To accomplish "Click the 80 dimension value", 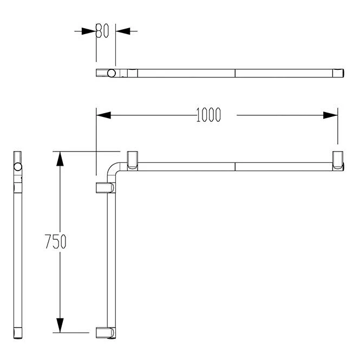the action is point(102,31).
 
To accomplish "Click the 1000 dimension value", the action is point(208,115).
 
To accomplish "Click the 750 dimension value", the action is point(56,241).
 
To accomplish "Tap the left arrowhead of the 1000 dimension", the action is point(103,115).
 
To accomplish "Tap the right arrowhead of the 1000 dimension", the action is point(330,115).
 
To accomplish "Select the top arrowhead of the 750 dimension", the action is point(60,159).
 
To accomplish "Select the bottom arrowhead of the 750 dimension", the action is point(60,325).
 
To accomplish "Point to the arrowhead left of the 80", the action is point(89,31).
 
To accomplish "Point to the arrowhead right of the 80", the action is point(123,31).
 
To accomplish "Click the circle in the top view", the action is point(112,73).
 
